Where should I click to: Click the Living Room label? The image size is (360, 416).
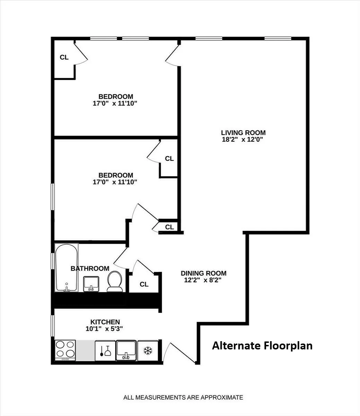pyautogui.click(x=243, y=132)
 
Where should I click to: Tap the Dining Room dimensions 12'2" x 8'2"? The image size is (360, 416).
pyautogui.click(x=203, y=280)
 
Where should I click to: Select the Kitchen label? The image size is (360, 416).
pyautogui.click(x=105, y=322)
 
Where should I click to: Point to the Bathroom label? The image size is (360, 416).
pyautogui.click(x=90, y=268)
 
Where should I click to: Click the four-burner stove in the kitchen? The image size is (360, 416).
pyautogui.click(x=65, y=350)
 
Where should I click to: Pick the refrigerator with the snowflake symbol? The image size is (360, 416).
pyautogui.click(x=148, y=350)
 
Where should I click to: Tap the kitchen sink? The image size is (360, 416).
pyautogui.click(x=126, y=350)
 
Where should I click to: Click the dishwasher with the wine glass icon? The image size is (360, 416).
pyautogui.click(x=105, y=350)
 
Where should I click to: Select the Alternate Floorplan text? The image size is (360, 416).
pyautogui.click(x=262, y=346)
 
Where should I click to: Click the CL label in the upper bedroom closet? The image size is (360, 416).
pyautogui.click(x=64, y=57)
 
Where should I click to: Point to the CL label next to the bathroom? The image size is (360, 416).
pyautogui.click(x=144, y=284)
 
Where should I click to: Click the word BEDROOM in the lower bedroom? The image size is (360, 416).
pyautogui.click(x=115, y=175)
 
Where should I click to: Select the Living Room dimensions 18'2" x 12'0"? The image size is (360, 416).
pyautogui.click(x=243, y=139)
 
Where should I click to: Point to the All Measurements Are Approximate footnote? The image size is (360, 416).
pyautogui.click(x=183, y=397)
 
